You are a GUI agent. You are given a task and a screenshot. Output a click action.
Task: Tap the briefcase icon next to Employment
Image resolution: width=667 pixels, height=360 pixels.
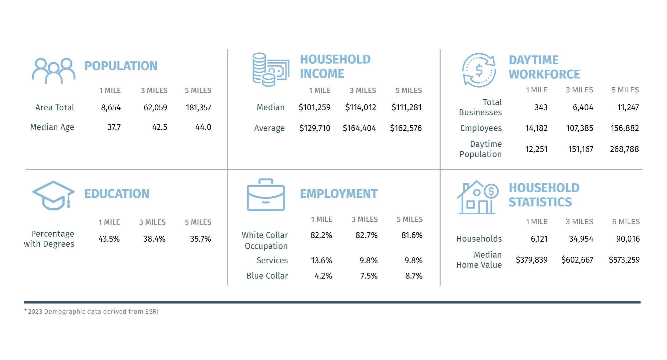(266, 195)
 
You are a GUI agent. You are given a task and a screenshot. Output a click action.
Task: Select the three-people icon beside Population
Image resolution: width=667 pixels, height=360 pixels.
(54, 71)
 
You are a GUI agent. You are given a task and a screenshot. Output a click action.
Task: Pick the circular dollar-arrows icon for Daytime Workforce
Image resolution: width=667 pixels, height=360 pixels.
(479, 70)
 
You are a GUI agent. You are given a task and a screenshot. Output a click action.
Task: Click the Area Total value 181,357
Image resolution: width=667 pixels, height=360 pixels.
(198, 108)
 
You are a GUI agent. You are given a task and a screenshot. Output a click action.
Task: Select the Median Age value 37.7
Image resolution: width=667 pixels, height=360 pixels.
(114, 127)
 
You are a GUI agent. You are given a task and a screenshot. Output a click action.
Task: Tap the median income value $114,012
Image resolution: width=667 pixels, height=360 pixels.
(361, 107)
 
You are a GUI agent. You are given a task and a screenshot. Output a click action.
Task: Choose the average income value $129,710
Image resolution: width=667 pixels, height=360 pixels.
(315, 128)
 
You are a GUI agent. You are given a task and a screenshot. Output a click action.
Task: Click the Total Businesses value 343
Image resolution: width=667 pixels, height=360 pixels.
(541, 107)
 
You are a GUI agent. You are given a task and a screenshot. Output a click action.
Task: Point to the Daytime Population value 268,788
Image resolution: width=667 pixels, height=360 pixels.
(624, 149)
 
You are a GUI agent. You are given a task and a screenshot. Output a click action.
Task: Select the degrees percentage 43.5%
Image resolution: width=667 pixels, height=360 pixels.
(109, 239)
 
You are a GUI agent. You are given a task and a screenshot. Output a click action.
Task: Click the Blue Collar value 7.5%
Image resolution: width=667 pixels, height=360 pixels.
(369, 276)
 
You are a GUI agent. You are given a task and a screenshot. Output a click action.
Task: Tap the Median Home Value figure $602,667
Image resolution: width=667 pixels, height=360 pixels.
(577, 260)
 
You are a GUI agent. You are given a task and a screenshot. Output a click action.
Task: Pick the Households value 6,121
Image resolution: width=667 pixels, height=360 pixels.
(539, 239)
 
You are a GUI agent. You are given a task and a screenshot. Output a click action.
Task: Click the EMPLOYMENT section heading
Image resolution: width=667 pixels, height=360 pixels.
(339, 194)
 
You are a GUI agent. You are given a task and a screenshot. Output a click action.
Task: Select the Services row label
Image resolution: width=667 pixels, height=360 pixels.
(272, 261)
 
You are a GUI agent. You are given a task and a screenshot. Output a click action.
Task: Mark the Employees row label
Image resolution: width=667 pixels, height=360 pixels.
(481, 128)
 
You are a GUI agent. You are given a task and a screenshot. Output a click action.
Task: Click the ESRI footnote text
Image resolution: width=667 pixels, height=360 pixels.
(91, 312)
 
